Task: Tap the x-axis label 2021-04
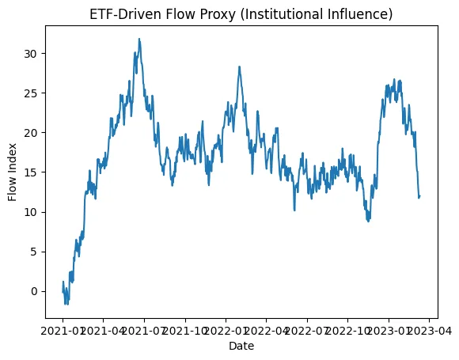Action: [103, 332]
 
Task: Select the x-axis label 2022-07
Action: [307, 332]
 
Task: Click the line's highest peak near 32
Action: [139, 39]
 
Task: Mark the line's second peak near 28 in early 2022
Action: [239, 67]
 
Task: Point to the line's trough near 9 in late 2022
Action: [368, 221]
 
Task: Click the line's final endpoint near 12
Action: [419, 195]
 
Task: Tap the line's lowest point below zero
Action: [66, 304]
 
